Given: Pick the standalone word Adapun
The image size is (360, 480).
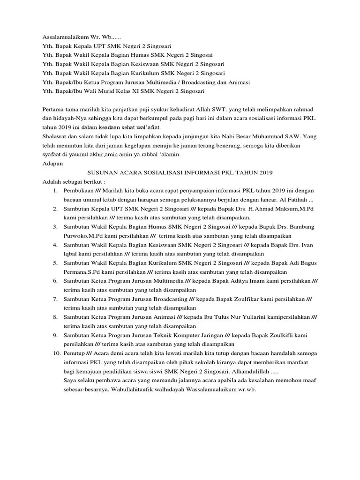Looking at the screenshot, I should point(52,164).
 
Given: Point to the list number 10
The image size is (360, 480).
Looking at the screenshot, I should point(55,352).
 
